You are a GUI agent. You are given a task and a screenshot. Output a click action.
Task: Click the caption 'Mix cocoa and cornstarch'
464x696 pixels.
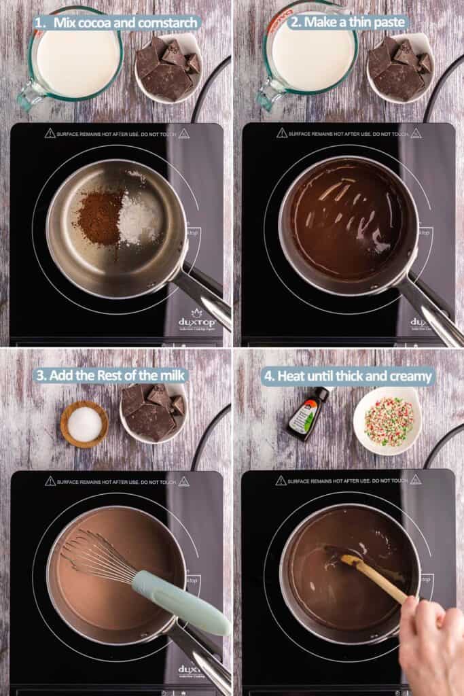(117, 22)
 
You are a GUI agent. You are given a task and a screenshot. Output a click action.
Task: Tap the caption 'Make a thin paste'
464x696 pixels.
(348, 22)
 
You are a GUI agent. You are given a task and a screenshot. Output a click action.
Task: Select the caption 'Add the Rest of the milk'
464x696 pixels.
(110, 375)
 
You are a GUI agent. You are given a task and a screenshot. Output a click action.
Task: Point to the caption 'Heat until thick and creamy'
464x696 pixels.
(348, 375)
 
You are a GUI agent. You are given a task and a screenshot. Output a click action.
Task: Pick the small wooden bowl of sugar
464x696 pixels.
(84, 423)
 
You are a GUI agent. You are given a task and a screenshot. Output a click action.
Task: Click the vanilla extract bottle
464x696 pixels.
(308, 413)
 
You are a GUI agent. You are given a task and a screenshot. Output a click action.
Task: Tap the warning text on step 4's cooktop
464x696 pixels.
(348, 480)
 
